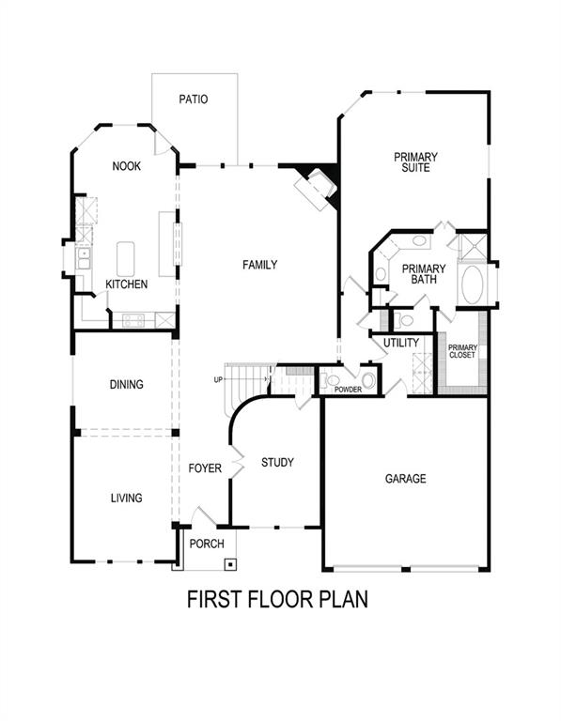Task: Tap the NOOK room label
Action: pos(126,166)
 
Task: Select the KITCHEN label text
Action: pos(126,284)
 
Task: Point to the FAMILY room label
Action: pos(259,266)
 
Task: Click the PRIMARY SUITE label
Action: pos(416,162)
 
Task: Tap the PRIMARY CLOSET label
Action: pos(462,352)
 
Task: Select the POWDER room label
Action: pos(348,388)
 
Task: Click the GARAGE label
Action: pos(405,479)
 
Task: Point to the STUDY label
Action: pos(277,463)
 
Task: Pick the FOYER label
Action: pos(204,468)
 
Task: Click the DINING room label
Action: pos(126,385)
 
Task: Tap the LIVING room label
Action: pos(126,499)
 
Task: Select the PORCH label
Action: pos(207,545)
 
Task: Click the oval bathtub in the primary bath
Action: pos(471,285)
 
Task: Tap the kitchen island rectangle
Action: pos(125,257)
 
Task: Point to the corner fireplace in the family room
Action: pos(314,184)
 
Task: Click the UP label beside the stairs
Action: pos(219,379)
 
